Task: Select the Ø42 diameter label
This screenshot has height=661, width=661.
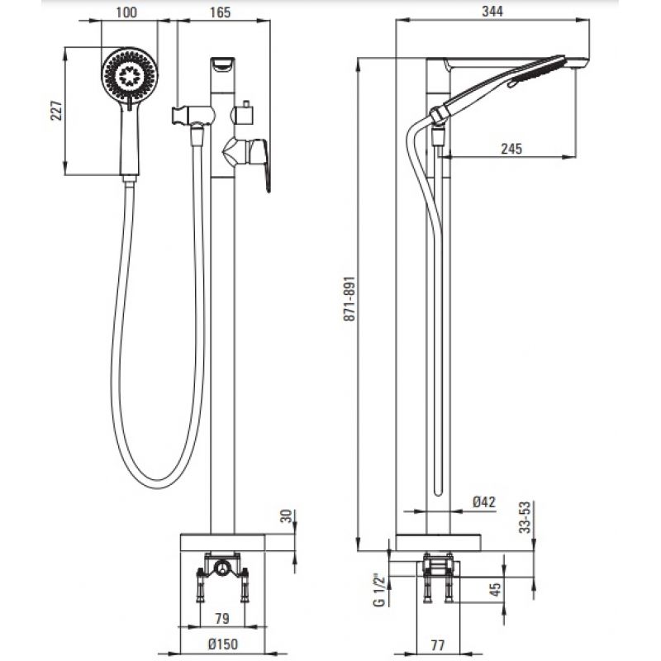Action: click(x=483, y=502)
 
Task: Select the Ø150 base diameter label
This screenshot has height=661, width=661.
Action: click(x=223, y=644)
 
